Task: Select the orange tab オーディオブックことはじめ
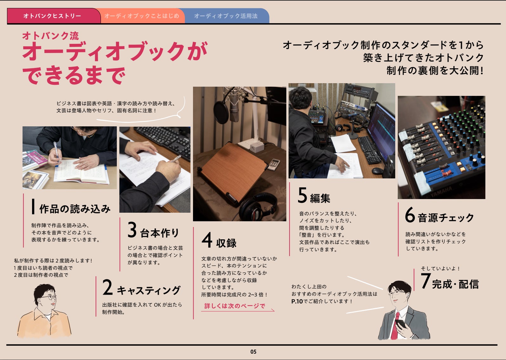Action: pyautogui.click(x=142, y=16)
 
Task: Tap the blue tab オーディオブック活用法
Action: pyautogui.click(x=226, y=16)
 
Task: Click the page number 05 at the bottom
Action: pyautogui.click(x=253, y=352)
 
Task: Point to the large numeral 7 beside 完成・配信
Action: pyautogui.click(x=426, y=281)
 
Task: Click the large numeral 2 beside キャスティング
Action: pyautogui.click(x=108, y=287)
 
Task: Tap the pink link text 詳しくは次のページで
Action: pyautogui.click(x=235, y=306)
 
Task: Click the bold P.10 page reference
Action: pyautogui.click(x=297, y=301)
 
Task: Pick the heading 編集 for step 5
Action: pyautogui.click(x=320, y=198)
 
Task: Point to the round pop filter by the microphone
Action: pyautogui.click(x=221, y=112)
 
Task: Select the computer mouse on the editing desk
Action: pyautogui.click(x=377, y=171)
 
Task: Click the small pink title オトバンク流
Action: pyautogui.click(x=50, y=36)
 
